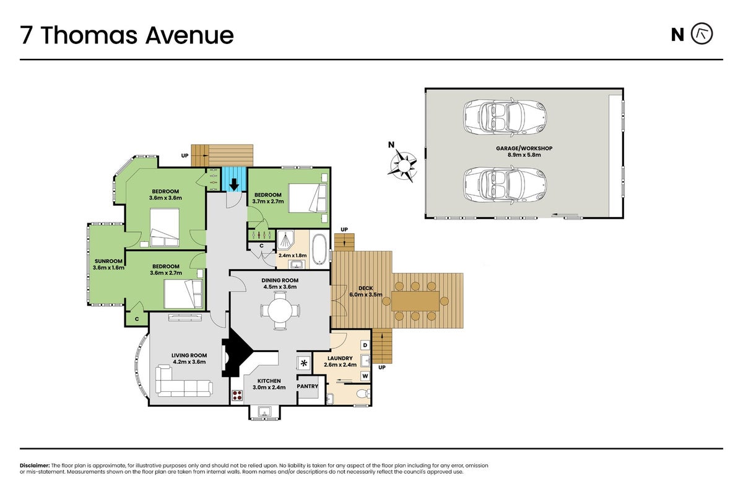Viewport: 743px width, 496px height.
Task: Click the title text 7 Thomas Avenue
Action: coord(127,35)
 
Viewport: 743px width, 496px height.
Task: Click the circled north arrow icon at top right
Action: coord(702,33)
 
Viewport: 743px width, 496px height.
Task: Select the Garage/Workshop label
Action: coord(524,151)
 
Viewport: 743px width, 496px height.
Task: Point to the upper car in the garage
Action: coord(505,117)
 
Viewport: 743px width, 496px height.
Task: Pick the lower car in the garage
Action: coord(505,185)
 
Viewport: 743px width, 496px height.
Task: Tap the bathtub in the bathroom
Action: coord(319,249)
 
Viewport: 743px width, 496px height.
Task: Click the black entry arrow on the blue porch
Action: coord(234,184)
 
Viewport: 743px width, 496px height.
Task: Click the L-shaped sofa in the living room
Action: coord(184,381)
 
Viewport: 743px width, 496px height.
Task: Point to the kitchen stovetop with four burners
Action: coord(237,396)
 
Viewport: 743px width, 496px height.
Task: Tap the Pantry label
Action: coord(308,386)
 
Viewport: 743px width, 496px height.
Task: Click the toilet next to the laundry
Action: coord(363,394)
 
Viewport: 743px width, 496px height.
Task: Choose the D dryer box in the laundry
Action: coord(365,345)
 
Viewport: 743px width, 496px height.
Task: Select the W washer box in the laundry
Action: coord(365,376)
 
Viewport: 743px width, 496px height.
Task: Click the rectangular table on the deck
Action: coord(415,301)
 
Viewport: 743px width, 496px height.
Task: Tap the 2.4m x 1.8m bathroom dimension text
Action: coord(292,256)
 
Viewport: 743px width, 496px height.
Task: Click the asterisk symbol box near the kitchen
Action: coord(303,363)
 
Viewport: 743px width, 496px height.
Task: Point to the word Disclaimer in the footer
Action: coord(35,466)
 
